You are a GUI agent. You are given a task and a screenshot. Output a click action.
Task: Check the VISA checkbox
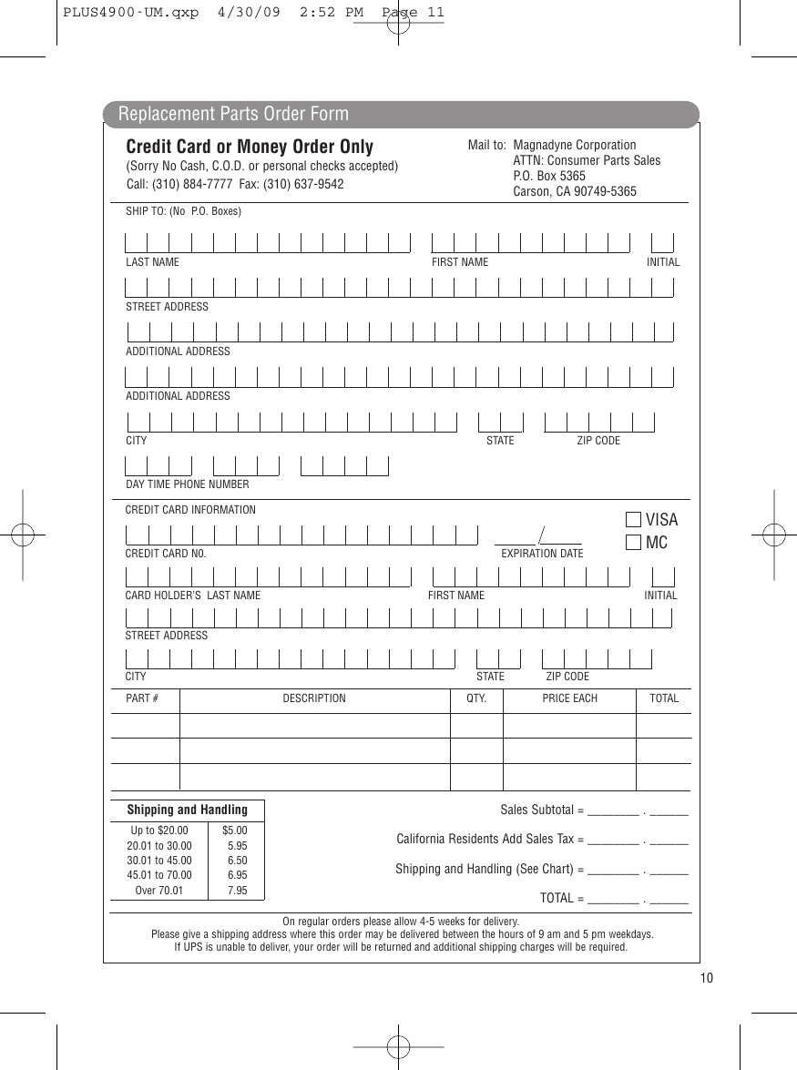pyautogui.click(x=633, y=520)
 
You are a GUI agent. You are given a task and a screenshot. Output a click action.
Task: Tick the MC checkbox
pyautogui.click(x=633, y=543)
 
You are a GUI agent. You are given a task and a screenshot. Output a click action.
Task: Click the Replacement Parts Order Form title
pyautogui.click(x=233, y=114)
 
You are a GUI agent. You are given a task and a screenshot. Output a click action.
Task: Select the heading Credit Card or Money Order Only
pyautogui.click(x=250, y=147)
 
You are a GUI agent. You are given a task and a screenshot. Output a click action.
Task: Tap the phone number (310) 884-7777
pyautogui.click(x=193, y=183)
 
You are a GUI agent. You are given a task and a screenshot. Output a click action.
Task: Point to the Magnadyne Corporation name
pyautogui.click(x=575, y=145)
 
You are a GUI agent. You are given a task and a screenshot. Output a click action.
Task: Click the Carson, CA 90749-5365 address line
pyautogui.click(x=575, y=191)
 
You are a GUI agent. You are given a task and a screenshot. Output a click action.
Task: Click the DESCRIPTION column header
pyautogui.click(x=314, y=698)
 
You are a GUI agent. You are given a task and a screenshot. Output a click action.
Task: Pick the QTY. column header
pyautogui.click(x=476, y=698)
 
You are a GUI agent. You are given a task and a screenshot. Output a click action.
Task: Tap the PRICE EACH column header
pyautogui.click(x=570, y=698)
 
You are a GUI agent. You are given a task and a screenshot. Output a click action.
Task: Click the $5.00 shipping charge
pyautogui.click(x=235, y=831)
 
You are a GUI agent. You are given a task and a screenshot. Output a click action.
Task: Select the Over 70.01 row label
pyautogui.click(x=159, y=891)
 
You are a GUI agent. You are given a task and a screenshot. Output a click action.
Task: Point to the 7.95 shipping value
pyautogui.click(x=237, y=891)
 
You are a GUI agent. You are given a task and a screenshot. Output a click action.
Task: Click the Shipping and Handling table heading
pyautogui.click(x=187, y=810)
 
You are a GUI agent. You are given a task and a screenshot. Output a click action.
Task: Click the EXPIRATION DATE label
pyautogui.click(x=542, y=554)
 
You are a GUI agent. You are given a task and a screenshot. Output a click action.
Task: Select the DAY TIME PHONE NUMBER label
pyautogui.click(x=187, y=484)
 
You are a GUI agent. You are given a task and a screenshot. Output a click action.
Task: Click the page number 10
pyautogui.click(x=707, y=978)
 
